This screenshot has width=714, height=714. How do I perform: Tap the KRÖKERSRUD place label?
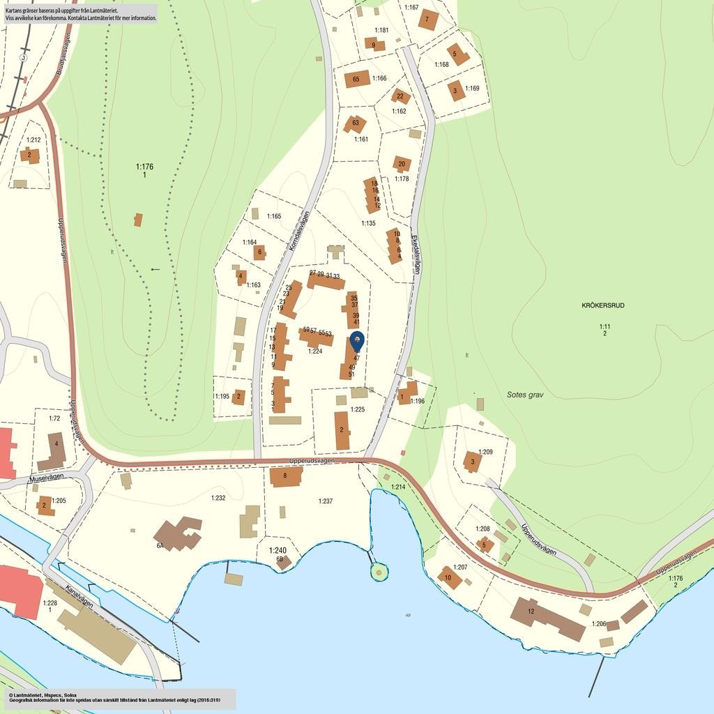pyautogui.click(x=603, y=305)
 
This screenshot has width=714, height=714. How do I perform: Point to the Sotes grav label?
pyautogui.click(x=525, y=395)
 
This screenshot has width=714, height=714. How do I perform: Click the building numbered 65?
pyautogui.click(x=357, y=79)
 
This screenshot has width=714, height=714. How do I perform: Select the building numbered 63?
pyautogui.click(x=355, y=124)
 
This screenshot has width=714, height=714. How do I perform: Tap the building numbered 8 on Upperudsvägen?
pyautogui.click(x=286, y=476)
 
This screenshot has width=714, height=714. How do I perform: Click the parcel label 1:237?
pyautogui.click(x=326, y=501)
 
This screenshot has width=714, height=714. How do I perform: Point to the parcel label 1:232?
pyautogui.click(x=218, y=498)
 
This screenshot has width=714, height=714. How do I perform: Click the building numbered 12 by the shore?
pyautogui.click(x=547, y=618)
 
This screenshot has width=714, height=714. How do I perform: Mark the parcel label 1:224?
pyautogui.click(x=315, y=351)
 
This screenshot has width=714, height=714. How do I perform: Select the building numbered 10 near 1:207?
pyautogui.click(x=449, y=577)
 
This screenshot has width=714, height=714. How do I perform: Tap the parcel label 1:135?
pyautogui.click(x=368, y=223)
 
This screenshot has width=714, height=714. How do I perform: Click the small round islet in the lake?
pyautogui.click(x=379, y=572)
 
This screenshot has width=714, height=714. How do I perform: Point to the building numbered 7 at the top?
pyautogui.click(x=428, y=20)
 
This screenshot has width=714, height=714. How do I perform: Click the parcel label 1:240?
pyautogui.click(x=278, y=550)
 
